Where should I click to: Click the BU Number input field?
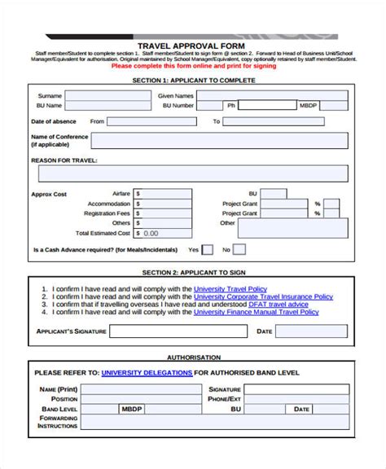coord(208,106)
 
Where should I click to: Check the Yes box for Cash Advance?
coord(208,250)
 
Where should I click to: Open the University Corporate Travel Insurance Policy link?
coord(263,296)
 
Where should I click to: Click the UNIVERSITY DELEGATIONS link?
coord(147,373)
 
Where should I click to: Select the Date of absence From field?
coord(152,121)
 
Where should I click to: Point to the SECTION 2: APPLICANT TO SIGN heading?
coord(193,270)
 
